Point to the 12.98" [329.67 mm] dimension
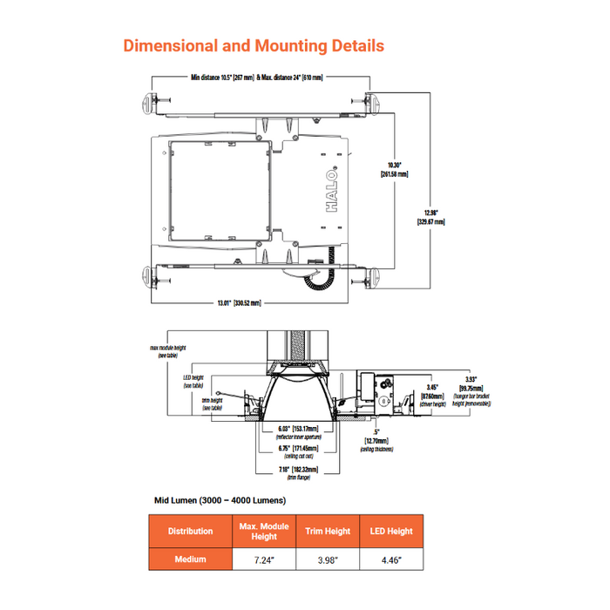430,217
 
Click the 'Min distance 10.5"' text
222,78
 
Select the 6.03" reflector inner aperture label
297,429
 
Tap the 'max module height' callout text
168,350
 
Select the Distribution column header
190,531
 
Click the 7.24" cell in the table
264,559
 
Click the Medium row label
190,559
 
